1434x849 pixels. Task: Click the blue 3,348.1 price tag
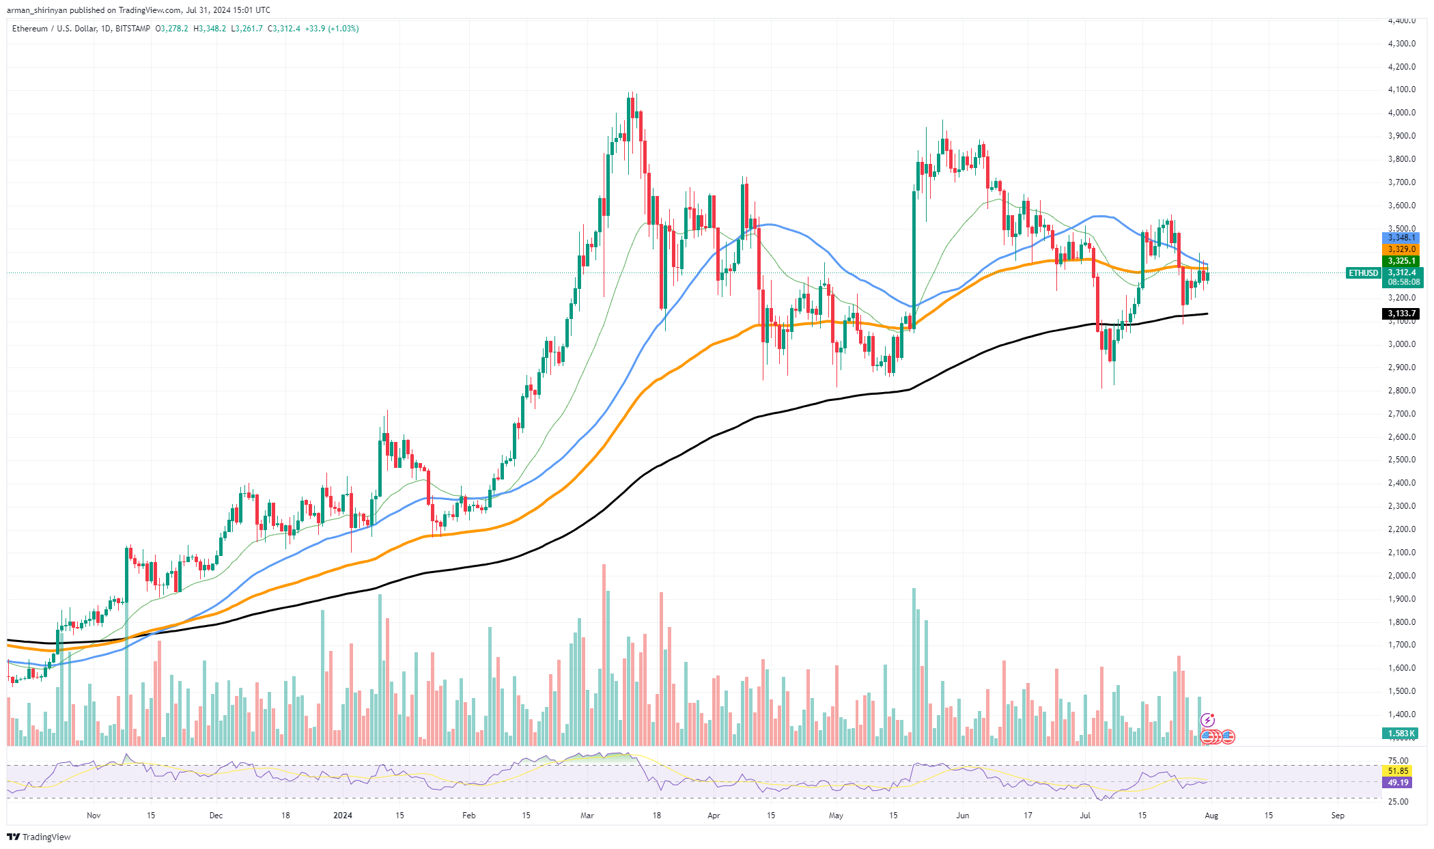[x=1401, y=238]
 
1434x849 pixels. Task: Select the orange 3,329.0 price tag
[x=1401, y=249]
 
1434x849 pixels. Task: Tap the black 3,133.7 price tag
[x=1401, y=314]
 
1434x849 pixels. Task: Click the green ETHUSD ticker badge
[x=1363, y=273]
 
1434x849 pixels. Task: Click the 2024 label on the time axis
[x=342, y=815]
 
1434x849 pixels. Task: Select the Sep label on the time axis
[x=1337, y=815]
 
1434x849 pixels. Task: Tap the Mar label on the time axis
[x=587, y=815]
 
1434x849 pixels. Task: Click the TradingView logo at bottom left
[x=40, y=837]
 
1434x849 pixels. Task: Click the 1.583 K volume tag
[x=1401, y=734]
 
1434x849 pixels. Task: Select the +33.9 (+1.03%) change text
[x=332, y=29]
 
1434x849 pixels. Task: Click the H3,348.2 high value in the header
[x=210, y=29]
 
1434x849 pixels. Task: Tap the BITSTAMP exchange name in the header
[x=132, y=29]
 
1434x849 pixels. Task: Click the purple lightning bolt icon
[x=1208, y=720]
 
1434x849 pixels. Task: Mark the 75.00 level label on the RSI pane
[x=1398, y=760]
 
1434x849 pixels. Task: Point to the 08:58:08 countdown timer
[x=1404, y=281]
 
